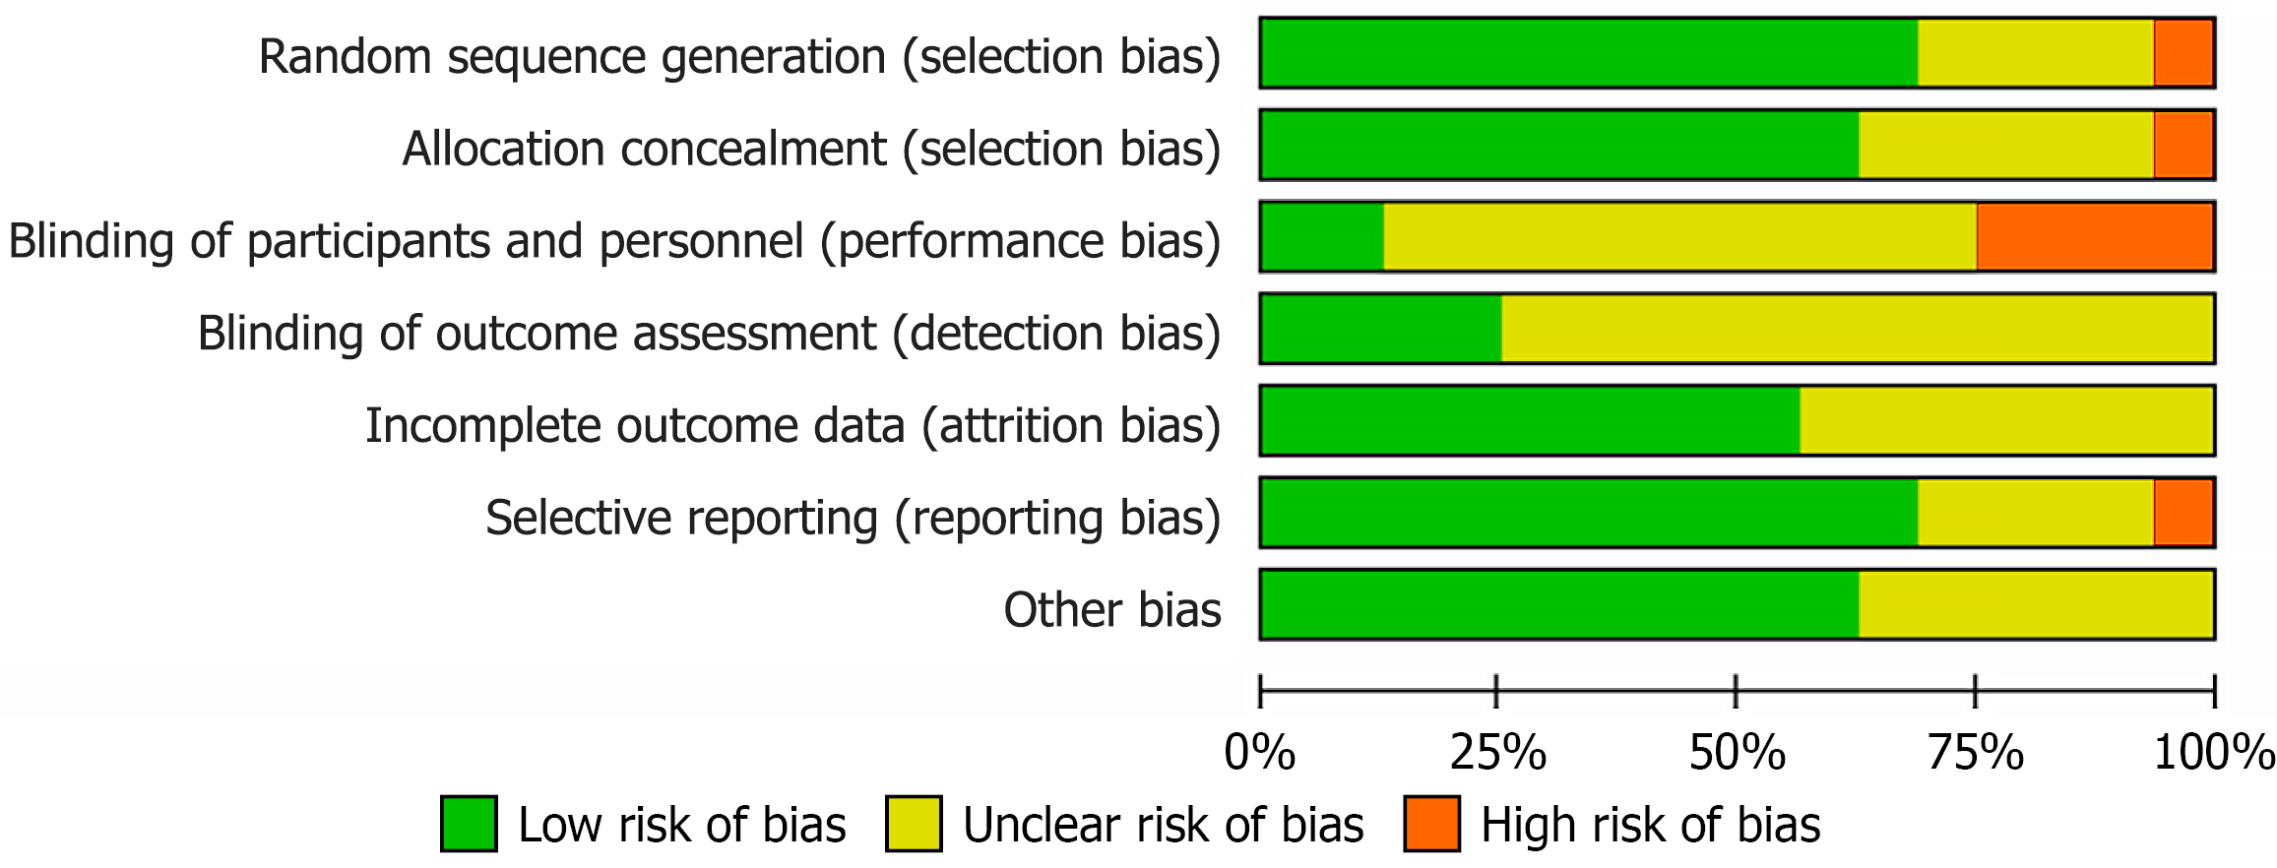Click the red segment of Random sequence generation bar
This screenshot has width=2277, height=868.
tap(2183, 53)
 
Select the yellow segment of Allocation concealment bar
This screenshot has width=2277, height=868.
tap(2005, 145)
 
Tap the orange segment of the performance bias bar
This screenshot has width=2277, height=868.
tap(2095, 236)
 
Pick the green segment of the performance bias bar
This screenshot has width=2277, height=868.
tap(1322, 236)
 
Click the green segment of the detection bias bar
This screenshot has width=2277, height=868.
tap(1381, 329)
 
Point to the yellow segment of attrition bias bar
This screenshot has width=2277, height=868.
tap(2006, 420)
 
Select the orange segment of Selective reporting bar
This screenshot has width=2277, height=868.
tap(2183, 512)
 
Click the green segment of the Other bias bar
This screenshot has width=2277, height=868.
tap(1559, 604)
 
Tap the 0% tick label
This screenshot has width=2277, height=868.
tap(1259, 754)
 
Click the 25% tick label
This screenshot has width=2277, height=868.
tap(1497, 754)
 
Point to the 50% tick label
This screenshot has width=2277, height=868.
tap(1737, 754)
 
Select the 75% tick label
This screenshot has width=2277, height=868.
tap(1975, 754)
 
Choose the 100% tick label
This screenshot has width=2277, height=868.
tap(2214, 754)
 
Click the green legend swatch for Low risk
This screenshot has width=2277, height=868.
tap(469, 824)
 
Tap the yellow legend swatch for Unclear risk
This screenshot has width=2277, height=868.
tap(914, 824)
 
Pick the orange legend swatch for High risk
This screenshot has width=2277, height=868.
tap(1431, 824)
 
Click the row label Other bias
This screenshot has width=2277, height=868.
tap(1111, 610)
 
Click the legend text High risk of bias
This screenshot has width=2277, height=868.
tap(1650, 825)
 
